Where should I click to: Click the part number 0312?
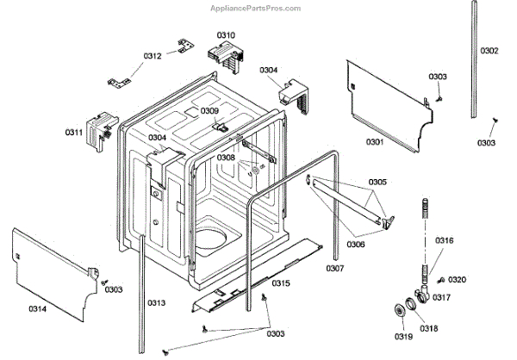pos(153,56)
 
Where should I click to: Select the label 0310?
pos(226,35)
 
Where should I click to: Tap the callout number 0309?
pos(209,110)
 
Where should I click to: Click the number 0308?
pos(226,158)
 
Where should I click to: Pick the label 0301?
pos(375,140)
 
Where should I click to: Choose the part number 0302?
pos(489,51)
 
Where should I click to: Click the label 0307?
pos(336,269)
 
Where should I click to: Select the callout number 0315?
pos(281,283)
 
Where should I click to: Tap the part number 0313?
pos(155,301)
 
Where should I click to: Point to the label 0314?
pos(37,307)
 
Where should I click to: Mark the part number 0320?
pos(458,279)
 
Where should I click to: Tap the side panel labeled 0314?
pos(52,267)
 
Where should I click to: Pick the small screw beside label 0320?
pos(439,281)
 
